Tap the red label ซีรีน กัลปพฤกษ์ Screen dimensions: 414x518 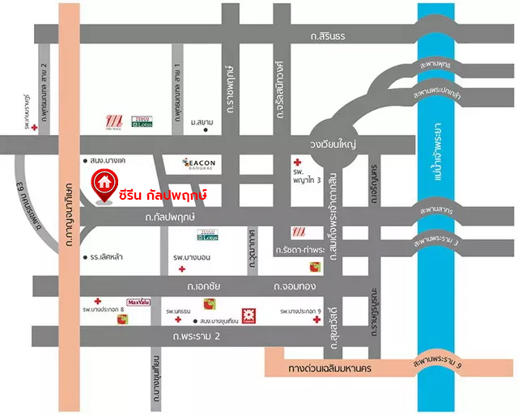click(163, 195)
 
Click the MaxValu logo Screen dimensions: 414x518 click(138, 302)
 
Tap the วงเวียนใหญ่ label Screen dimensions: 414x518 click(333, 143)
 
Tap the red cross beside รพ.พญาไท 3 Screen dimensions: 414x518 click(297, 161)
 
